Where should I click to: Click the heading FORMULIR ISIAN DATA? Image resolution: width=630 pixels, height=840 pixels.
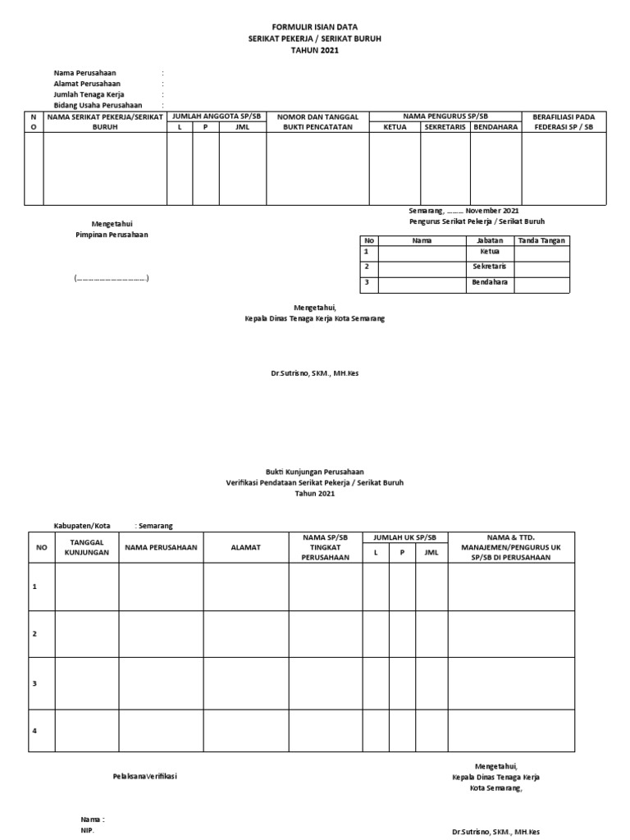(314, 27)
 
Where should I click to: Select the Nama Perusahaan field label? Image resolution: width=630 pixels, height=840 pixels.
(84, 73)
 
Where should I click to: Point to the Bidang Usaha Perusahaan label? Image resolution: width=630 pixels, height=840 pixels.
(98, 105)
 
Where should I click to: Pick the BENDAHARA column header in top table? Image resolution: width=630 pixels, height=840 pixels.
(495, 127)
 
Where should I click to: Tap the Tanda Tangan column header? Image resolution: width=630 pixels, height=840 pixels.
(541, 240)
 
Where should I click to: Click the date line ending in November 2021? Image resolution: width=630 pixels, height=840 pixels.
(463, 211)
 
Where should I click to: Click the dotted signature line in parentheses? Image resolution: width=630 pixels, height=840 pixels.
(112, 279)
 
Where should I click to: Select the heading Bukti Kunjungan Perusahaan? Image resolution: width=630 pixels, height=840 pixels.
(314, 472)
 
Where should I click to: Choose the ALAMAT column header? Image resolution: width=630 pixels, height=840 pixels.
(245, 547)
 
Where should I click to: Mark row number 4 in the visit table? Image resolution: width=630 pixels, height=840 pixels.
(34, 730)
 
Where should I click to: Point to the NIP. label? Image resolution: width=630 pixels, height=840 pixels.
(87, 830)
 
